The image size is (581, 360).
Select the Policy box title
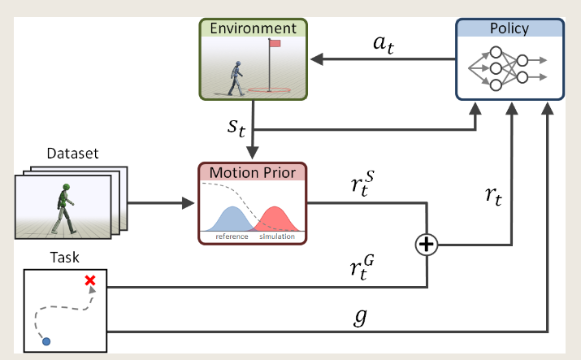tap(509, 28)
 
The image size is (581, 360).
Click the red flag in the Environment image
tap(275, 43)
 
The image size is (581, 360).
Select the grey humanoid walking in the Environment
tap(236, 78)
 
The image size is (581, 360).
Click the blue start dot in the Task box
tap(46, 341)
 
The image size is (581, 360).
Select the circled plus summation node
tap(427, 244)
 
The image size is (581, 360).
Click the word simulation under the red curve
tap(276, 236)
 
